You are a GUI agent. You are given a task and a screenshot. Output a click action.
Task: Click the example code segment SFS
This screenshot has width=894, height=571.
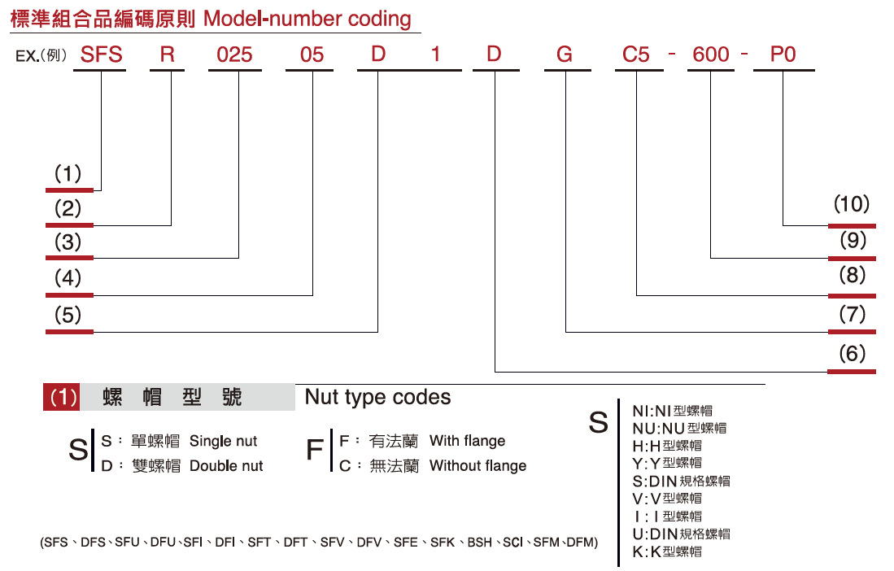[100, 54]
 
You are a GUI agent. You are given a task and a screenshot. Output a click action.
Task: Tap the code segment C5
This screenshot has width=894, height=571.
[636, 54]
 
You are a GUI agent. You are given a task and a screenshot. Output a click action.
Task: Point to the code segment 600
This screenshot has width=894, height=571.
[710, 54]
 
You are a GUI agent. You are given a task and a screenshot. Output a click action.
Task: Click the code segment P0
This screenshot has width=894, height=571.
[783, 54]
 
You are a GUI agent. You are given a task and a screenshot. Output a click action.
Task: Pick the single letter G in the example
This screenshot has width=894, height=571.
[565, 54]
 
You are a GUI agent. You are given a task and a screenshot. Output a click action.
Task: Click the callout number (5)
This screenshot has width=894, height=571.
[68, 315]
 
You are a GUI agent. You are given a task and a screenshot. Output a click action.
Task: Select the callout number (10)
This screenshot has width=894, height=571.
[851, 204]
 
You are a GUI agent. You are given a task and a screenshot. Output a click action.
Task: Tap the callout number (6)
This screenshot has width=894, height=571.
[851, 354]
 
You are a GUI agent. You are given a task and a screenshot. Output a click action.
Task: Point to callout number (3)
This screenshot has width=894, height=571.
[68, 242]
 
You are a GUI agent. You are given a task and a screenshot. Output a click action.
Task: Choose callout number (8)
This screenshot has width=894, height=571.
[851, 276]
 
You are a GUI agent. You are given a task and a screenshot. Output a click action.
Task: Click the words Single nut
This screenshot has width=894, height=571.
[223, 442]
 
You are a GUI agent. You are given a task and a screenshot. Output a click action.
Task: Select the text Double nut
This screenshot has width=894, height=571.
[226, 466]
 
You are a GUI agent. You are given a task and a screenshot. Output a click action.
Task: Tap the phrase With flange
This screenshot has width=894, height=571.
[467, 441]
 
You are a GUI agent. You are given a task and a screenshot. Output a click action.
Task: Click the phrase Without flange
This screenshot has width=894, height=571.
[478, 466]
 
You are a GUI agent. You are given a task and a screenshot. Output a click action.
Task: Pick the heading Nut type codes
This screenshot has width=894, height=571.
[377, 397]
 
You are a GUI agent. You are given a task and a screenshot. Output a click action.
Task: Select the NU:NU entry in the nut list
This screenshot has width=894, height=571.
[678, 428]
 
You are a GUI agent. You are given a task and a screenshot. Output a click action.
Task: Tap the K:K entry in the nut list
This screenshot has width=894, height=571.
[666, 551]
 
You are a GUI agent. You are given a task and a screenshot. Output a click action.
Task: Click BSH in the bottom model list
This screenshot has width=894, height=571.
[479, 542]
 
